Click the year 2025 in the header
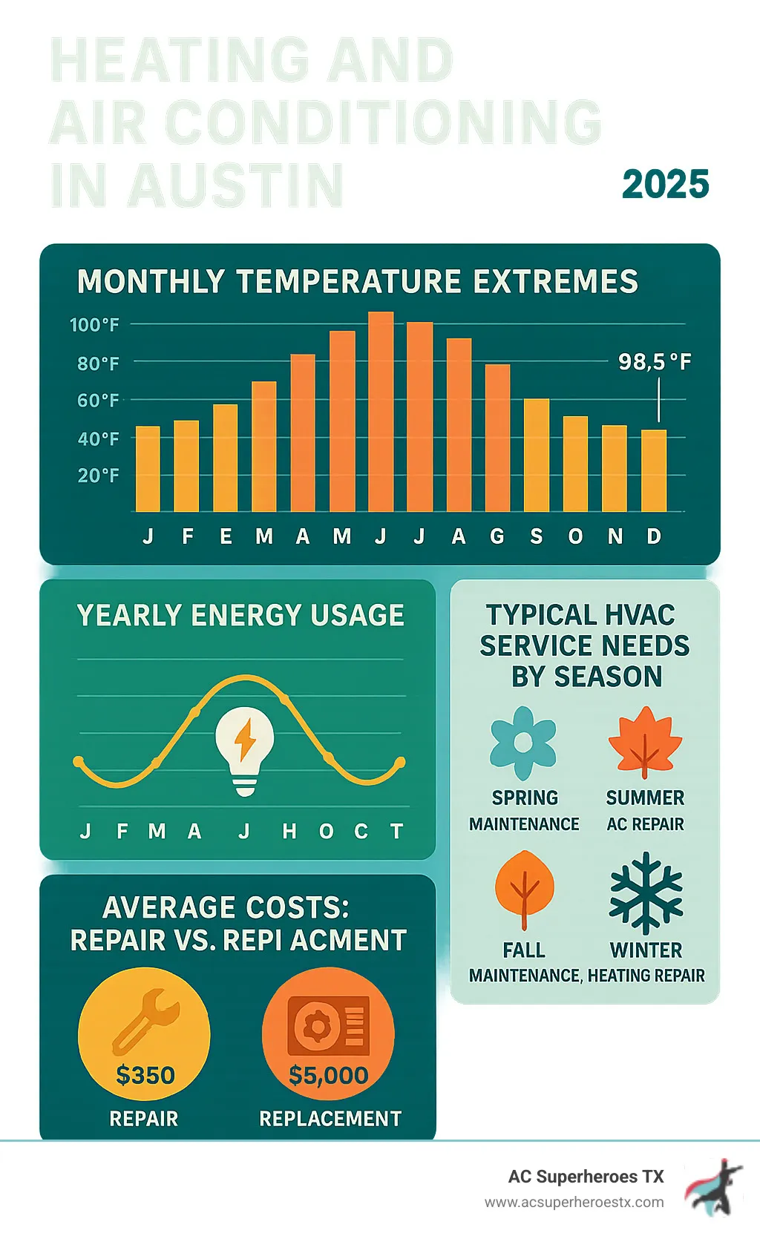(665, 184)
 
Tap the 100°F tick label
(94, 325)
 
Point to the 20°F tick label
(98, 476)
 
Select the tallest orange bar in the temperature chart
(381, 412)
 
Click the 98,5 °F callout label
(655, 362)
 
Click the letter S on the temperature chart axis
(536, 536)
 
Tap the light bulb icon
(245, 750)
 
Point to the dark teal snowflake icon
(646, 893)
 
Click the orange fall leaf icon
(524, 889)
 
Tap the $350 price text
(145, 1075)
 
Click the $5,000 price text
(328, 1075)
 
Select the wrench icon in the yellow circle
(145, 1021)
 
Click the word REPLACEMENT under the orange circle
(330, 1118)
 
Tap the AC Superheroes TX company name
(586, 1177)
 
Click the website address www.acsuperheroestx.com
(574, 1202)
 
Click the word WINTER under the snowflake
(646, 950)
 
